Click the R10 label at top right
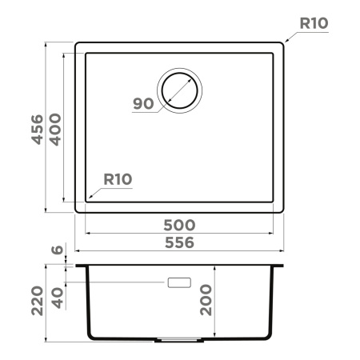(x=313, y=24)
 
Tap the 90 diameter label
(x=143, y=103)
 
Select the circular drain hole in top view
(x=179, y=89)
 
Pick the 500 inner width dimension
(x=183, y=225)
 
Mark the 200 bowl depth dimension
(x=207, y=299)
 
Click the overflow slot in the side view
(x=178, y=282)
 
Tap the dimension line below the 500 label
(x=183, y=234)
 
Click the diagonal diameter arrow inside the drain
(x=179, y=90)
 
